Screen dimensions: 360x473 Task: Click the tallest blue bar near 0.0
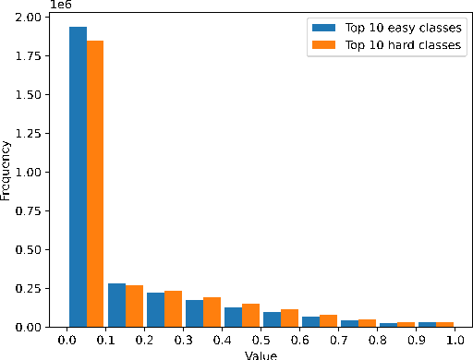click(x=78, y=175)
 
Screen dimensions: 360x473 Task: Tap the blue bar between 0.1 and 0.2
click(x=116, y=305)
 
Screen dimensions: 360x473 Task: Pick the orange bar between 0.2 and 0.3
click(x=173, y=308)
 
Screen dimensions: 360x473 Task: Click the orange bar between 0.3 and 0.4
click(x=212, y=311)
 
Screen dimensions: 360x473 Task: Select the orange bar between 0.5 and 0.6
click(x=289, y=318)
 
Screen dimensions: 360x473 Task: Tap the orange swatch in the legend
click(x=322, y=45)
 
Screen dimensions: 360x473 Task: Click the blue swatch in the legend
click(x=322, y=27)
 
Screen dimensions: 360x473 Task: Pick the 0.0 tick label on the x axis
click(x=67, y=341)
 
